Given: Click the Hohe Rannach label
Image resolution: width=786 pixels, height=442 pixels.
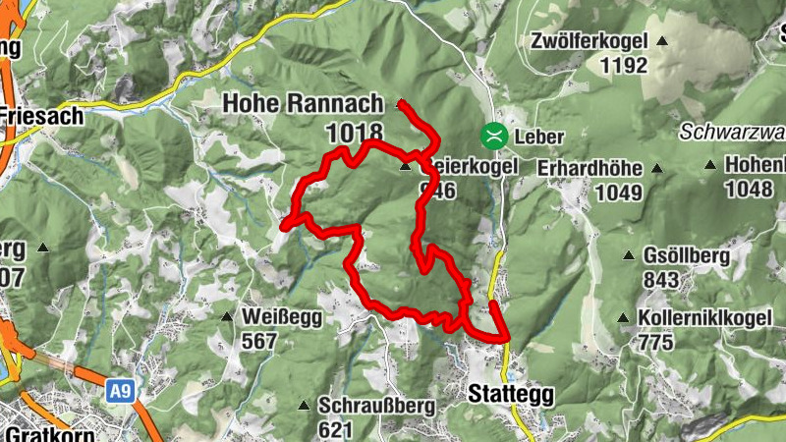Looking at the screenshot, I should click(303, 102).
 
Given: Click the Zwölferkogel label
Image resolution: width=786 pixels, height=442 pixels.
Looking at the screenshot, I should click(588, 41).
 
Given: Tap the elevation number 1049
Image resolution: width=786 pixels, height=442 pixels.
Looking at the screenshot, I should click(620, 192).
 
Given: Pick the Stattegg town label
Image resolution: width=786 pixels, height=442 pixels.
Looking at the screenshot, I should click(511, 395).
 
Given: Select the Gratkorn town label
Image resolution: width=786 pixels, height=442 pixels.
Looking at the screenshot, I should click(39, 433).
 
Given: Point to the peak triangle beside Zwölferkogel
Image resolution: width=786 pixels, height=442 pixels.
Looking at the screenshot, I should click(661, 41).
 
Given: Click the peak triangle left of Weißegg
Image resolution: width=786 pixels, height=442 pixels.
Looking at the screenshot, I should click(227, 316).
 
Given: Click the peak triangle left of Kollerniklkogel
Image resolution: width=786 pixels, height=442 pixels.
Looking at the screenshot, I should click(623, 318).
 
